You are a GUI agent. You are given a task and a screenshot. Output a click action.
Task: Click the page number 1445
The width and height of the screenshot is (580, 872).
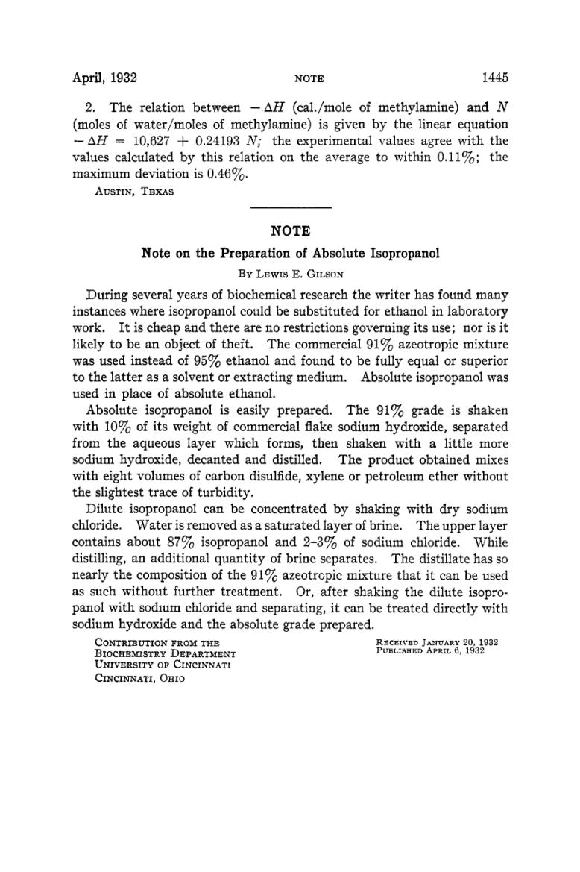pyautogui.click(x=494, y=78)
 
